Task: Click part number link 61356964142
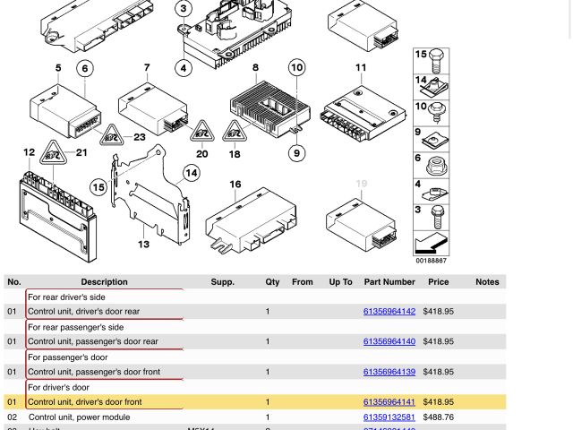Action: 389,312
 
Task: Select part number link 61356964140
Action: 389,341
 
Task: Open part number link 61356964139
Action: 389,372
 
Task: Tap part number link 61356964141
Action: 389,402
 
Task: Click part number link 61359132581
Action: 389,417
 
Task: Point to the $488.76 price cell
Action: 438,417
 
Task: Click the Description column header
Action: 104,282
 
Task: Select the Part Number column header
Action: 389,282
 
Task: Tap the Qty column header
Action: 272,282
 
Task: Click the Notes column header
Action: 487,282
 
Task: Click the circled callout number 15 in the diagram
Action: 98,186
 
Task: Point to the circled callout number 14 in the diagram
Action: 192,173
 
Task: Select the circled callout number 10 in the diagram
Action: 296,67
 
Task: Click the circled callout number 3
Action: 184,10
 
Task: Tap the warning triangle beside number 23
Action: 111,137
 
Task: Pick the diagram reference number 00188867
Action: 431,261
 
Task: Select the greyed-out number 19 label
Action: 361,184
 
